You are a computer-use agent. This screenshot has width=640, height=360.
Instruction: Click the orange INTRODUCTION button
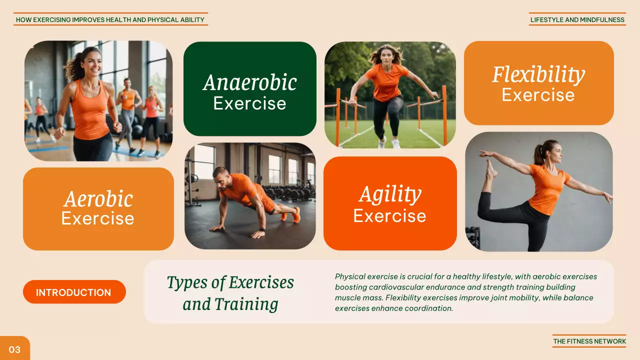(x=74, y=292)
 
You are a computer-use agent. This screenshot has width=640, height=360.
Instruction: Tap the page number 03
(x=14, y=349)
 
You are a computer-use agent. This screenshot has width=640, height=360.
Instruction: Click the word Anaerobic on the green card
(x=249, y=82)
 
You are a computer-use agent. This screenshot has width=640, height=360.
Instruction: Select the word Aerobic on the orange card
(x=98, y=199)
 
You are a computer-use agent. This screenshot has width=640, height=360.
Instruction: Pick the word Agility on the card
(x=390, y=194)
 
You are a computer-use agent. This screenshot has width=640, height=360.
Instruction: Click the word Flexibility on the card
(x=538, y=74)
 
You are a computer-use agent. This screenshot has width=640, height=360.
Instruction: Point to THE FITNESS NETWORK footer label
(x=589, y=341)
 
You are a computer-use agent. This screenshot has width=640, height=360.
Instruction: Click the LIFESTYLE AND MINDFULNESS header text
(x=577, y=20)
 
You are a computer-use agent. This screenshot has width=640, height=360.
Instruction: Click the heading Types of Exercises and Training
(x=230, y=292)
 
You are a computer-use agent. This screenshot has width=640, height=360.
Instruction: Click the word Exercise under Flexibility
(x=538, y=95)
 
